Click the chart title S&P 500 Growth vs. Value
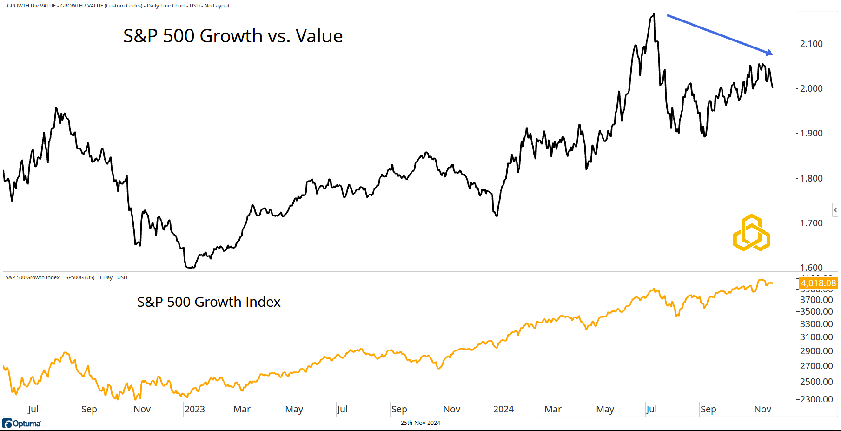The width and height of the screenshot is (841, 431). tap(232, 36)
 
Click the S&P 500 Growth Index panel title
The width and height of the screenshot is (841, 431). tap(209, 302)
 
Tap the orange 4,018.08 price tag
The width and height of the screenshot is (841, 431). tap(818, 283)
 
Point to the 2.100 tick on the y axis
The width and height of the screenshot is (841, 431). tap(811, 44)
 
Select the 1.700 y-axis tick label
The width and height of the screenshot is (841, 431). tap(811, 223)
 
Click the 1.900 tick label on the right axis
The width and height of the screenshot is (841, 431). tap(811, 133)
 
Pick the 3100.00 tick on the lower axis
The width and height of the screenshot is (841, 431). tap(816, 337)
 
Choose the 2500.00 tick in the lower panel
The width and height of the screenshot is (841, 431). tap(816, 382)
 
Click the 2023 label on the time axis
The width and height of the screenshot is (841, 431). tap(194, 409)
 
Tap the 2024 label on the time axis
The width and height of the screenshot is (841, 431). tap(503, 409)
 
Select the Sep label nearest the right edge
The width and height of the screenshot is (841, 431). tap(708, 409)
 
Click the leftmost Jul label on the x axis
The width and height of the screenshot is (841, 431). tap(33, 409)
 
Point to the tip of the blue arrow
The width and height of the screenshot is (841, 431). tap(772, 54)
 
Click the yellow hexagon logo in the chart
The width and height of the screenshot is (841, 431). tap(751, 233)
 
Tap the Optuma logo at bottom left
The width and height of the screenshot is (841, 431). tap(22, 424)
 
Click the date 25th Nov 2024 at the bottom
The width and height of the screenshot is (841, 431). tap(420, 423)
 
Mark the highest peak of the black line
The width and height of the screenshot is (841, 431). tap(654, 14)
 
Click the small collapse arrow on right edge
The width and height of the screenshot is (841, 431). tap(835, 210)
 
